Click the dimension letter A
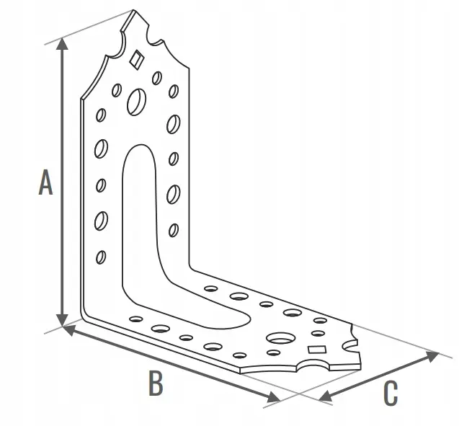click(45, 182)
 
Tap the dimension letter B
click(156, 383)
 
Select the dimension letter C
click(391, 393)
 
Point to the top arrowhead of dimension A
click(62, 43)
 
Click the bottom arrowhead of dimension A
click(62, 320)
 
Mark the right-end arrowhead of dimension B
click(274, 397)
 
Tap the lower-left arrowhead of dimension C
click(325, 396)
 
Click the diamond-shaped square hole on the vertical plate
click(137, 59)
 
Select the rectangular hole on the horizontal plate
click(317, 350)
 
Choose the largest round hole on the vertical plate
click(137, 102)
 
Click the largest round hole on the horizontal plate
click(281, 338)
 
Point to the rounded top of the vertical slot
click(140, 146)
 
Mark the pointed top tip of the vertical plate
click(134, 10)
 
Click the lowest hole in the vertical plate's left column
click(101, 257)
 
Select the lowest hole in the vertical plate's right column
click(174, 230)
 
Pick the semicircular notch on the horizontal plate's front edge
click(313, 365)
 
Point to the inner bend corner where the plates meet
click(190, 268)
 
